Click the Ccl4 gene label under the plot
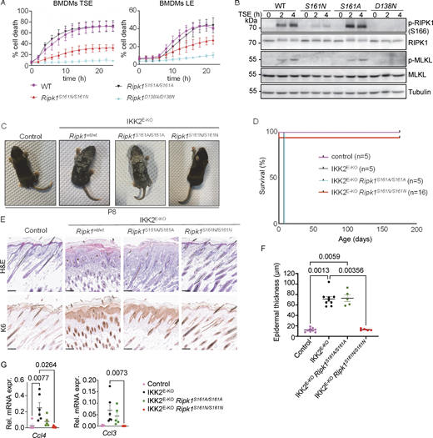click(38, 430)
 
